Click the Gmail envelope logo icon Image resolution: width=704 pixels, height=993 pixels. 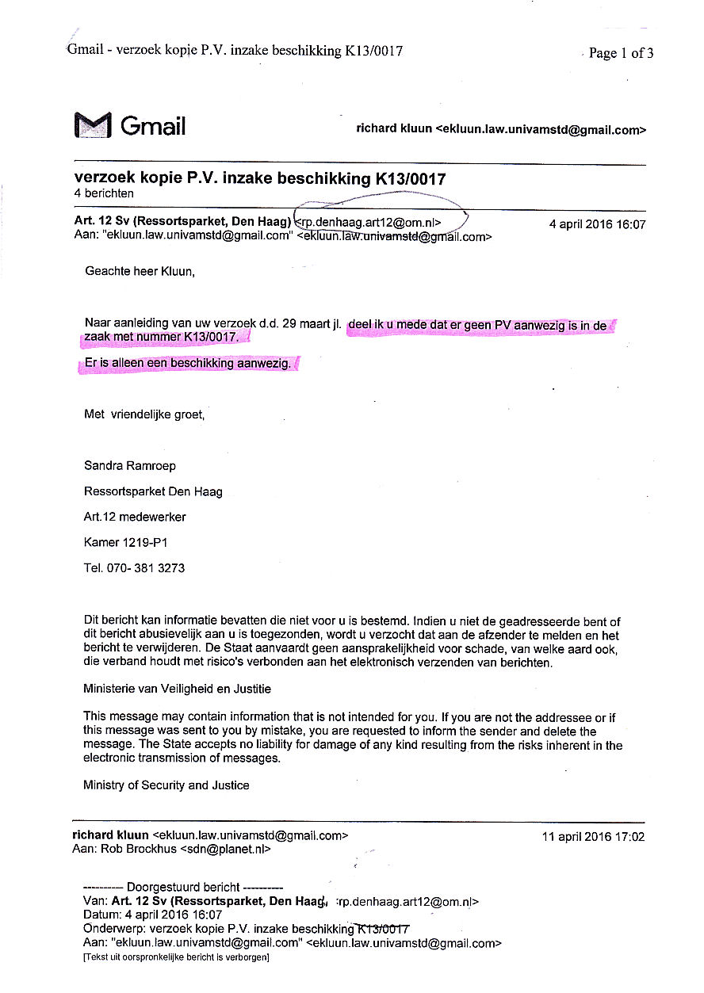coord(93,125)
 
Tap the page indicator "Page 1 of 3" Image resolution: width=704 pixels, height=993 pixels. coord(621,53)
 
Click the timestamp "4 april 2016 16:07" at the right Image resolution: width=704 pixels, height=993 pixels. coord(597,224)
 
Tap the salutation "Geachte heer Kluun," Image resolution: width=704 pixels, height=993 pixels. coord(140,272)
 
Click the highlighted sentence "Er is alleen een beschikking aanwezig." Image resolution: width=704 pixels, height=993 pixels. coord(189,364)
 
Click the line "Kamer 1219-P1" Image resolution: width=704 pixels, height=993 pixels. coord(124,543)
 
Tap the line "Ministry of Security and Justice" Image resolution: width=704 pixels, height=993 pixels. coord(166,785)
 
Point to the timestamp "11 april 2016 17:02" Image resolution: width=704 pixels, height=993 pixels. coord(593,837)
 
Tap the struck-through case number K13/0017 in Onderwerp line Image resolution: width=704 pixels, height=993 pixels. coord(382,929)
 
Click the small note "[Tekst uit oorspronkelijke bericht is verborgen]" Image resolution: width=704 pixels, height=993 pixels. coord(176,957)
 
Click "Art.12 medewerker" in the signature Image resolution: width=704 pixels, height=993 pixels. coord(134,517)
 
